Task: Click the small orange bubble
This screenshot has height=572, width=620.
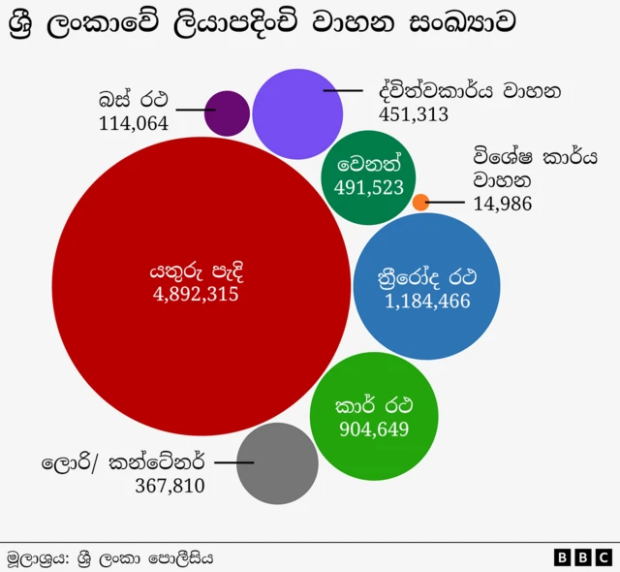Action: click(x=420, y=203)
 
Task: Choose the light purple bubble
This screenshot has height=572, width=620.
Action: click(x=298, y=114)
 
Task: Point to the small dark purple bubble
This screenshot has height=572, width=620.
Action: click(x=228, y=113)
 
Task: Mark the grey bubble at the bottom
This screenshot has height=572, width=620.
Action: click(x=277, y=462)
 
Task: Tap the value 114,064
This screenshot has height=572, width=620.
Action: click(x=134, y=123)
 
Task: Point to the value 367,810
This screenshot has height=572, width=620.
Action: click(x=170, y=486)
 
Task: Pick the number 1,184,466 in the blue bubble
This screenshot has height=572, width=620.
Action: click(x=427, y=302)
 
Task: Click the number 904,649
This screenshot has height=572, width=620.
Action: click(x=372, y=429)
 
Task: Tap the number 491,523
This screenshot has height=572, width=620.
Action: click(x=368, y=187)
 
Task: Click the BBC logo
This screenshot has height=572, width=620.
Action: click(x=582, y=557)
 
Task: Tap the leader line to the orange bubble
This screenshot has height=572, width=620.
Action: click(x=448, y=203)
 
